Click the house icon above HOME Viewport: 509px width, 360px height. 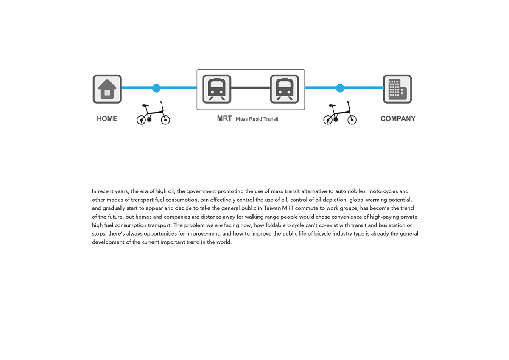pos(107,89)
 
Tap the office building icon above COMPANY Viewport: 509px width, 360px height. pos(397,89)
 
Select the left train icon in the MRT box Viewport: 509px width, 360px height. pos(217,89)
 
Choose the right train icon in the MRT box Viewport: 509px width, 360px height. pos(285,89)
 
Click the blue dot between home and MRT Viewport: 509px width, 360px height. pos(157,88)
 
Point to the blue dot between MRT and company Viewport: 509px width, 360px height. pos(340,88)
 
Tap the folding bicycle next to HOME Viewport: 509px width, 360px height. pos(153,114)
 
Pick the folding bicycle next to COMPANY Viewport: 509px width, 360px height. pos(340,114)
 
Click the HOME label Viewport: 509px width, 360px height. pos(107,119)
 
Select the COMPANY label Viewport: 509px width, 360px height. pos(398,119)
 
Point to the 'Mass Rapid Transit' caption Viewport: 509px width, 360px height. pos(257,119)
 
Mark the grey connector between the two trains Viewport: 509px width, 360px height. pos(251,88)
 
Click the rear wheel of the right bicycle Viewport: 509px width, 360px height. pos(328,120)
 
